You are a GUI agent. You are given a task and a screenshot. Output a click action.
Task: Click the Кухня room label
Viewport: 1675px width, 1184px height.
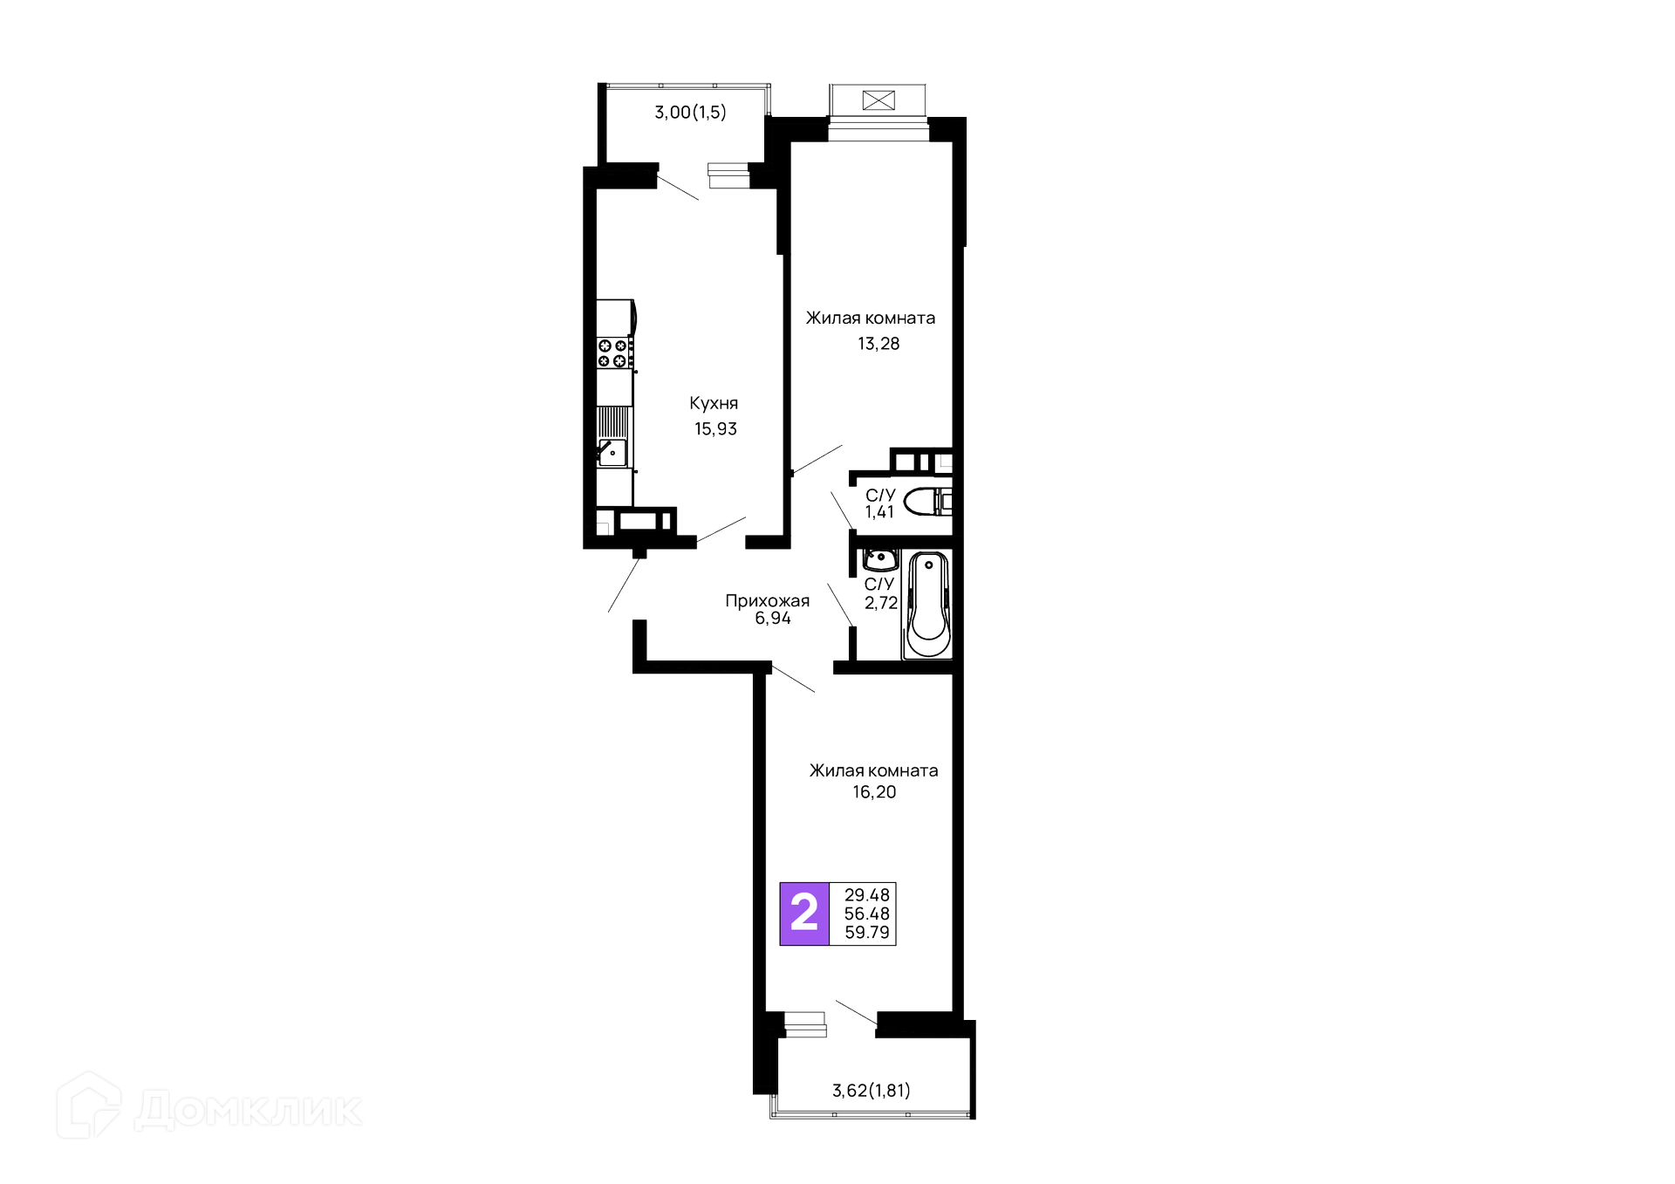[x=713, y=403]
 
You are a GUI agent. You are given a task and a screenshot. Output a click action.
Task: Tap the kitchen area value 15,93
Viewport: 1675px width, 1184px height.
[x=715, y=428]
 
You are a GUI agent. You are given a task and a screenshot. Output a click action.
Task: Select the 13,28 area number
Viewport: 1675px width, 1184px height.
[x=878, y=344]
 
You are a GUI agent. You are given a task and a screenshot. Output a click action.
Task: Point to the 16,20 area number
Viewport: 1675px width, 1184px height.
[x=874, y=792]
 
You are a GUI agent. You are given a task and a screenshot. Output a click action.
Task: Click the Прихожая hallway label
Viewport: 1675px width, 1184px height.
[x=767, y=600]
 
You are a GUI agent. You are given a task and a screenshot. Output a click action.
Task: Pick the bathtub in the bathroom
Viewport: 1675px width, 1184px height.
[x=928, y=603]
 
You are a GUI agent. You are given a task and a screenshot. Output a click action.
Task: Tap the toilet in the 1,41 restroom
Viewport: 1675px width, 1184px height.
[x=925, y=502]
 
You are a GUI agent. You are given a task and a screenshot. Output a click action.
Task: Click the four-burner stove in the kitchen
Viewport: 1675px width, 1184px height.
[x=612, y=352]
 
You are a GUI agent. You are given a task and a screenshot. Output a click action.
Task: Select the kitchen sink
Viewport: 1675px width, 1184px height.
[x=612, y=453]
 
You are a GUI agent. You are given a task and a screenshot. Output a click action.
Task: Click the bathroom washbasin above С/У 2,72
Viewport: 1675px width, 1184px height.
[x=879, y=558]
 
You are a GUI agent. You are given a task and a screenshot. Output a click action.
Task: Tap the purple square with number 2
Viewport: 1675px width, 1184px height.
[x=803, y=913]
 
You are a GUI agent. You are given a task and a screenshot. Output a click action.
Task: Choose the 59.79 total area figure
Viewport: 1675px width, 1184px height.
[x=866, y=932]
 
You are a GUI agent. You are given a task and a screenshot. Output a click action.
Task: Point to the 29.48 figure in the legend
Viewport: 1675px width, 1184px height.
[x=866, y=894]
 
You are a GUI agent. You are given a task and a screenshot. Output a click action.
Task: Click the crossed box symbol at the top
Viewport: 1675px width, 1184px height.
[x=878, y=100]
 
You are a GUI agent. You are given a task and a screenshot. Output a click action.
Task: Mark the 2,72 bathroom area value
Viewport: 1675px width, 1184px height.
[x=880, y=602]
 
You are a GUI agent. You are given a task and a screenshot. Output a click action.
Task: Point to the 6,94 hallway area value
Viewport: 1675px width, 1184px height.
[x=772, y=618]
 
